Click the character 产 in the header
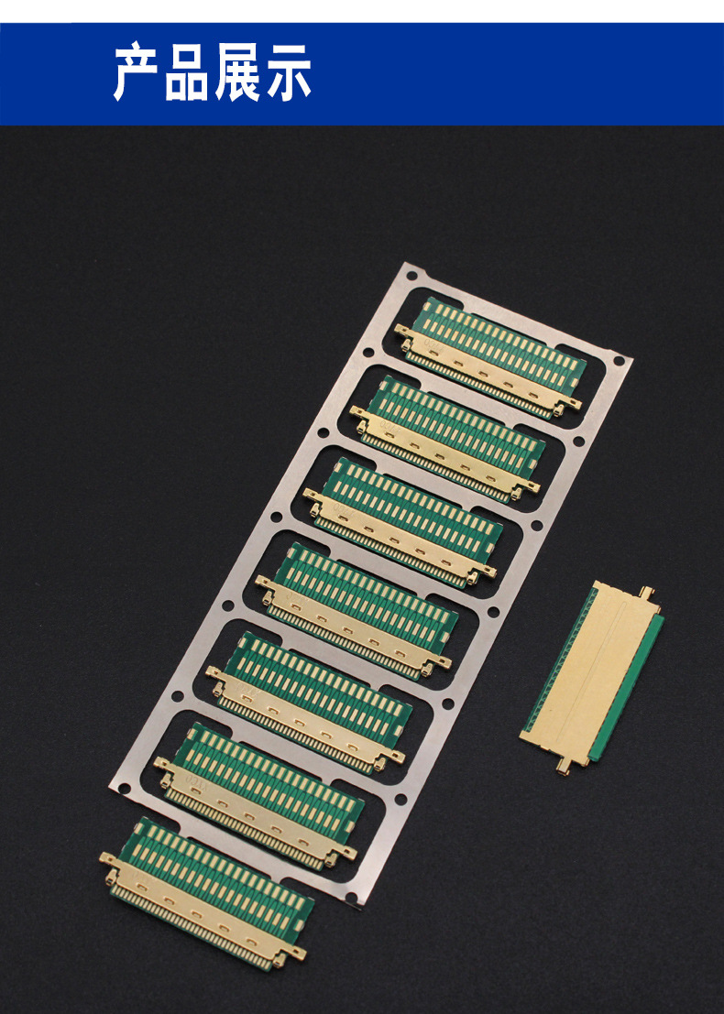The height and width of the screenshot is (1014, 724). [x=137, y=71]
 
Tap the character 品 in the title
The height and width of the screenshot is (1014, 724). [x=188, y=71]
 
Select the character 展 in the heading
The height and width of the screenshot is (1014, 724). [x=238, y=71]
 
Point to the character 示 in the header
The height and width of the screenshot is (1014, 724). [x=288, y=71]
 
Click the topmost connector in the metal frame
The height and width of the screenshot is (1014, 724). [x=490, y=357]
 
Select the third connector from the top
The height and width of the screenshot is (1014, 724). [x=403, y=520]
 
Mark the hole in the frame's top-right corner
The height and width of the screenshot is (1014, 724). [x=619, y=361]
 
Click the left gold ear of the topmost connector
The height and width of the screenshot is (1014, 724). [x=402, y=331]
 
